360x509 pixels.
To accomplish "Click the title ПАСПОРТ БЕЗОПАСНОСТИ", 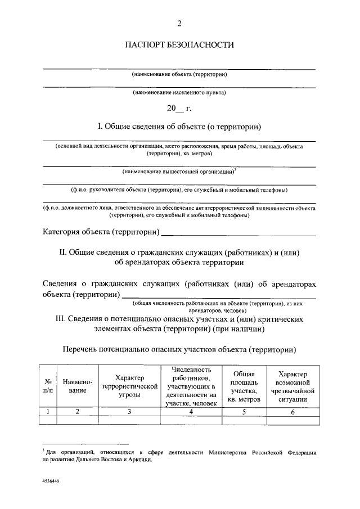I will [x=179, y=44].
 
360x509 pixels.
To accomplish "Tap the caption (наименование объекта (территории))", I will [x=179, y=74].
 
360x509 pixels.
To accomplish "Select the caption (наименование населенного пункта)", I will [x=179, y=92].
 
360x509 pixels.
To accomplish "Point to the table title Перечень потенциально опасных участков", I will [x=179, y=350].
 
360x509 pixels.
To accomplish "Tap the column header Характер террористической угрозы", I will [x=129, y=386].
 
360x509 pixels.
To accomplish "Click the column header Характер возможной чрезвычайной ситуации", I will [x=292, y=386].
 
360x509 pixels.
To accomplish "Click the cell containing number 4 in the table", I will [x=191, y=412].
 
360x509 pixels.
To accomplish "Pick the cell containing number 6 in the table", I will [x=292, y=412].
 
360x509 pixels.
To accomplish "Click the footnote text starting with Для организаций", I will [x=179, y=455].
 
